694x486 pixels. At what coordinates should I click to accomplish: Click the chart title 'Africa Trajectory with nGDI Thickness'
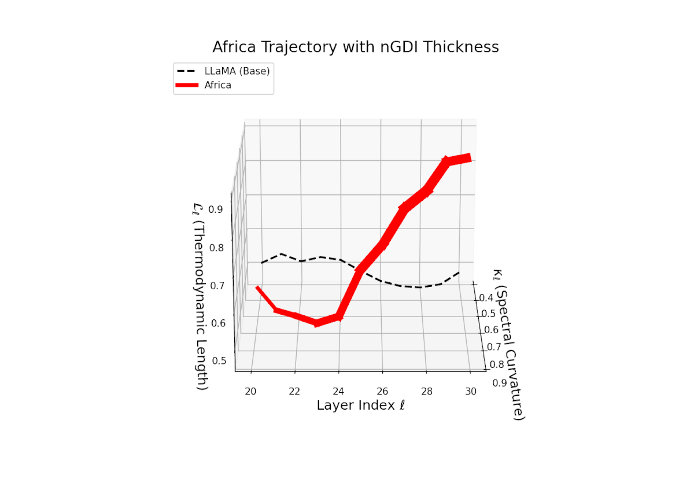(355, 47)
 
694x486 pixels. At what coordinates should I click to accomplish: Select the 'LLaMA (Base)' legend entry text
(237, 71)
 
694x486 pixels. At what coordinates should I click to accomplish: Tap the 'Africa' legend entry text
(217, 85)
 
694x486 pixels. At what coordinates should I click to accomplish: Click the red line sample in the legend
(187, 85)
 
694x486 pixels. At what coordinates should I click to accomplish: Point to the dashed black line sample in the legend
(187, 71)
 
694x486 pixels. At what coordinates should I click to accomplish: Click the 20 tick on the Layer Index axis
(250, 391)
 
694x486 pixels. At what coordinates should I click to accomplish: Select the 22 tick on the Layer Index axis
(294, 391)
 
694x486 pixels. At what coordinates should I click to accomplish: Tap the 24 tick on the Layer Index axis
(338, 391)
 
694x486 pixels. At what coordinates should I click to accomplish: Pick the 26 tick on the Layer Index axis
(382, 391)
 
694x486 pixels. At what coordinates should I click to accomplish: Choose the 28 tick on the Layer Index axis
(426, 391)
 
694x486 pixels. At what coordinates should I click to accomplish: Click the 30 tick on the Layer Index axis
(471, 392)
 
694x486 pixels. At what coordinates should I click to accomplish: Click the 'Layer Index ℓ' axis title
(360, 406)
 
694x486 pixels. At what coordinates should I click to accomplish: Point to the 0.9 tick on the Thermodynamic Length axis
(216, 209)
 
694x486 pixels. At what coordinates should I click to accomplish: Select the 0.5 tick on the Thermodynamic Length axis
(219, 361)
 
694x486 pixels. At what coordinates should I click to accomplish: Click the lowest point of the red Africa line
(317, 323)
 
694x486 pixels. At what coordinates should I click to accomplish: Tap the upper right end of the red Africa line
(469, 157)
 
